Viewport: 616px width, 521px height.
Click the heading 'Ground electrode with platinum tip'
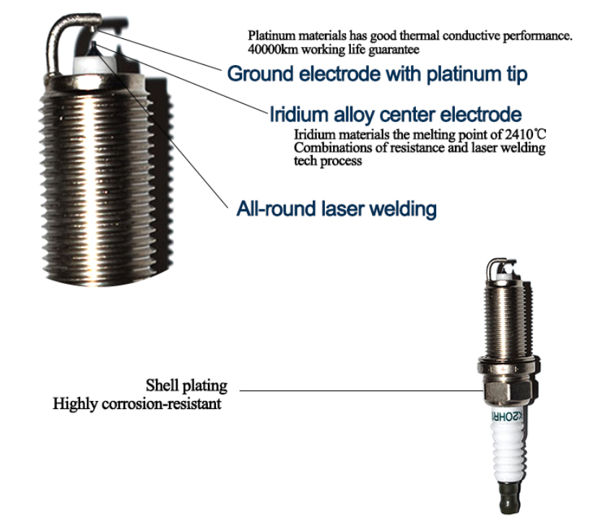377,74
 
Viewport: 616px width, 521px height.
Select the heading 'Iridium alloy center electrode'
396,114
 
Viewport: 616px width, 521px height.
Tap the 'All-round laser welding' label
337,208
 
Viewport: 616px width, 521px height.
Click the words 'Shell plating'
186,386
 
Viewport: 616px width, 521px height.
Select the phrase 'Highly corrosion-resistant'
137,404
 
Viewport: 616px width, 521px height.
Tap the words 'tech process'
328,161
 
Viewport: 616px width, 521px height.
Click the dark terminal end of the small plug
510,498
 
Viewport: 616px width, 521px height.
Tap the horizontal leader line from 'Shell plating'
361,390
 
